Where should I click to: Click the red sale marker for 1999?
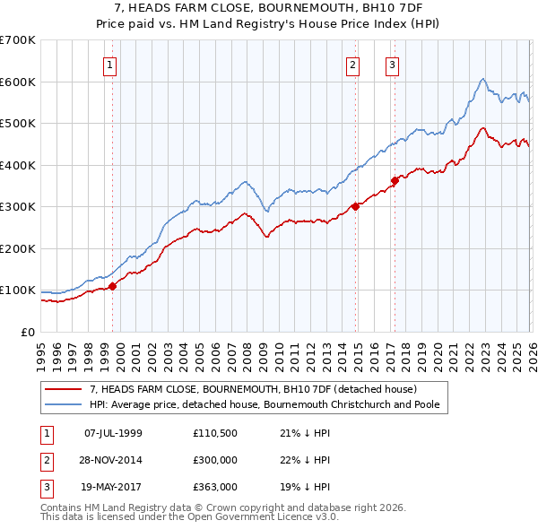pyautogui.click(x=113, y=286)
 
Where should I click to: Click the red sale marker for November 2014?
pyautogui.click(x=355, y=206)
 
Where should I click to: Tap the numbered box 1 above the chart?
pyautogui.click(x=109, y=64)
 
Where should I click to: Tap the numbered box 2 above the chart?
pyautogui.click(x=353, y=64)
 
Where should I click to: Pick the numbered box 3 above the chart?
pyautogui.click(x=393, y=64)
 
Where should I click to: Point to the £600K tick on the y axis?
pyautogui.click(x=18, y=82)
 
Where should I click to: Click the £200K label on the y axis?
pyautogui.click(x=18, y=248)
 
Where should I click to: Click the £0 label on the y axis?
pyautogui.click(x=28, y=332)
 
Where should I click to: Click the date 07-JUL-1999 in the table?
pyautogui.click(x=113, y=433)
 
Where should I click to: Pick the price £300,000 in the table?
pyautogui.click(x=214, y=460)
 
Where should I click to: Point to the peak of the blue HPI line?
pyautogui.click(x=482, y=79)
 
